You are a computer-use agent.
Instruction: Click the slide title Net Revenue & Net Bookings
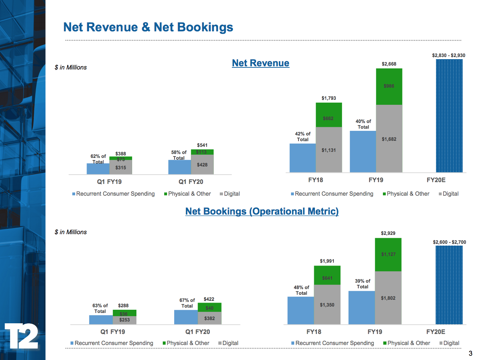148,27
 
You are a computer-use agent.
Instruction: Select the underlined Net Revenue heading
260,63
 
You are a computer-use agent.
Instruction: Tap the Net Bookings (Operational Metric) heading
262,211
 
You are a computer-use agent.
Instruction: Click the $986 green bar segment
389,86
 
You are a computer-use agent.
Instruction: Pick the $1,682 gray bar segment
389,139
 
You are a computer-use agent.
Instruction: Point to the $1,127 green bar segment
388,254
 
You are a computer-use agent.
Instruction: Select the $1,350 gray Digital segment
327,305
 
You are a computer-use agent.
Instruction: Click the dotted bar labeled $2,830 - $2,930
449,116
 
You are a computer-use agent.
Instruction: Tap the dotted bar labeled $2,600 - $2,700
449,285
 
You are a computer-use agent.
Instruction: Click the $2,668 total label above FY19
389,64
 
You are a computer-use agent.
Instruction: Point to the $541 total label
202,145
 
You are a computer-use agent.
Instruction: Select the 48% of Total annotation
301,290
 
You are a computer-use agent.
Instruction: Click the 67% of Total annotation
187,303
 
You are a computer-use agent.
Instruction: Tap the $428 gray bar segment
202,165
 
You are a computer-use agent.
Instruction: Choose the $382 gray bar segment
209,318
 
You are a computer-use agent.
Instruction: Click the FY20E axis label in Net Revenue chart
436,180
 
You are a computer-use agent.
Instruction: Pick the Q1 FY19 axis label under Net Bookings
113,332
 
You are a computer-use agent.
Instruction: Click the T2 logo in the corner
21,336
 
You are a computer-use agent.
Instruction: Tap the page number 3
470,353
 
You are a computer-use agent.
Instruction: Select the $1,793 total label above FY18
328,98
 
